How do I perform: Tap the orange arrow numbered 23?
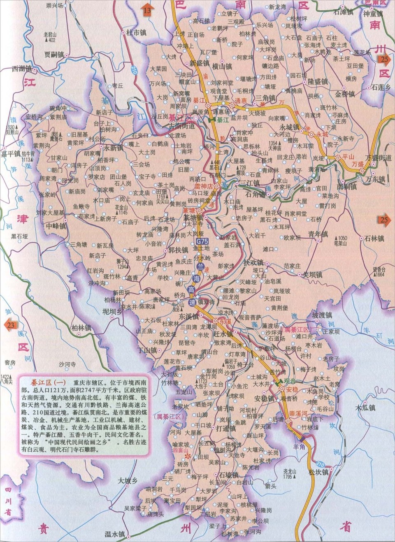[10, 325]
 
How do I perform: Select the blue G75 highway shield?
[202, 241]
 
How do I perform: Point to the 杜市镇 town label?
[136, 32]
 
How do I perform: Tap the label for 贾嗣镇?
[54, 54]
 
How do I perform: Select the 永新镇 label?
[113, 148]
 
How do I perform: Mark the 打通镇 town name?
[225, 429]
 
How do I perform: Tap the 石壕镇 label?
[228, 475]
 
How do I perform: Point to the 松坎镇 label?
[319, 473]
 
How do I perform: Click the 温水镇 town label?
[114, 534]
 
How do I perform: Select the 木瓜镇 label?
[365, 408]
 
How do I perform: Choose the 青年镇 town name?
[318, 234]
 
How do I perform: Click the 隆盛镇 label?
[317, 82]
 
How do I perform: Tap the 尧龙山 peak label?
[290, 472]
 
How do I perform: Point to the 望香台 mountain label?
[379, 269]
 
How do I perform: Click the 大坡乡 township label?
[128, 480]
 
